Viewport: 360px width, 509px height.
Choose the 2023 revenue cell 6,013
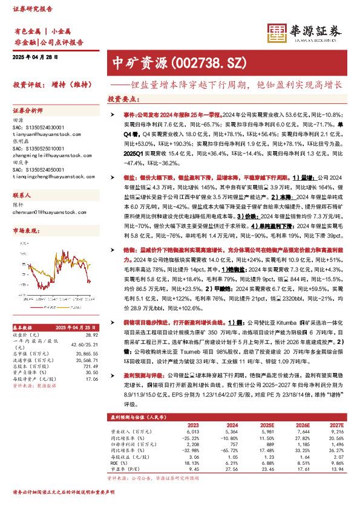(x=192, y=432)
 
